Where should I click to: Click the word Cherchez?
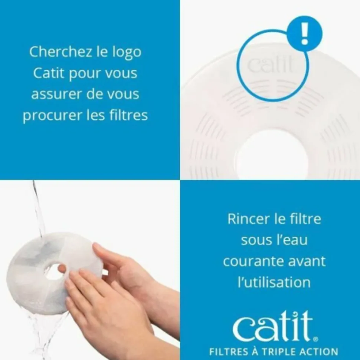pos(60,52)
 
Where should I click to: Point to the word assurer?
pos(58,94)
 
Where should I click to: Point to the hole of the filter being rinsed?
pos(55,272)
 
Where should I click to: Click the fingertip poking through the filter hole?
pos(62,267)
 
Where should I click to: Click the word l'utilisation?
pos(274,282)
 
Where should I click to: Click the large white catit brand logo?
pos(273,326)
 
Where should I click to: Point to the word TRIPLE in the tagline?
pos(279,351)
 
